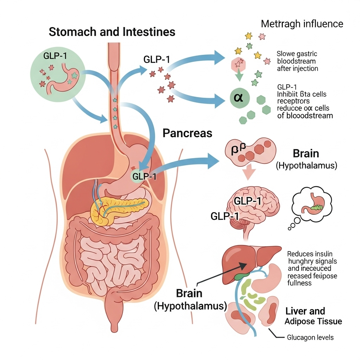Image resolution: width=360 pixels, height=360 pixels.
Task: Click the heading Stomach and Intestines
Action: [112, 32]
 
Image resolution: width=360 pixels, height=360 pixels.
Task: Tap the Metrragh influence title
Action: [302, 24]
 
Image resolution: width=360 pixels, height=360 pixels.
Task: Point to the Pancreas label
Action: [187, 133]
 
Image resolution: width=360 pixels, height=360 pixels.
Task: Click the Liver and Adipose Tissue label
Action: [313, 316]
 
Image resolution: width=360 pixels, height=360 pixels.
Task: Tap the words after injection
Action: [297, 69]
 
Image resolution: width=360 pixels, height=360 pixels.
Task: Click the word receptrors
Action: [293, 101]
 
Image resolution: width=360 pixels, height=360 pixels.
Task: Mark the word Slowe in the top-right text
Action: [286, 54]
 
